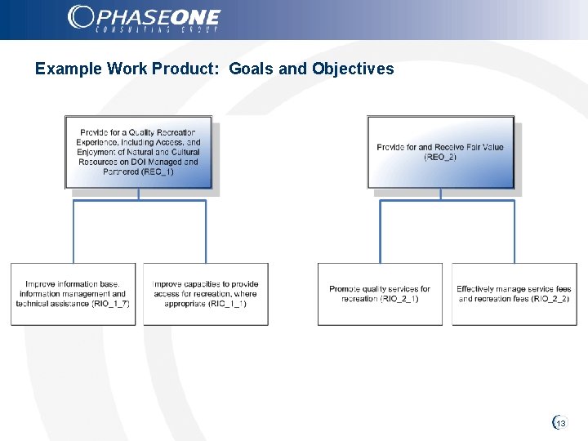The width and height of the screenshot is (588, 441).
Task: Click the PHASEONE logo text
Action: coord(157,16)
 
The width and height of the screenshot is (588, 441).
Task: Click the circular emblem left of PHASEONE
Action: coord(81,17)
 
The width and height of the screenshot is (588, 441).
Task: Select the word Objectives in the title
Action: coord(353,69)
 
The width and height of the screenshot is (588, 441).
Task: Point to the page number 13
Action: coord(561,423)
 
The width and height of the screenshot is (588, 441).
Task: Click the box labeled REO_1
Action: coord(138,152)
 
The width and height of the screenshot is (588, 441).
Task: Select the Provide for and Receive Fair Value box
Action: coord(440,152)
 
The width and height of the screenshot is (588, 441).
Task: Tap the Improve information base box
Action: coord(73,294)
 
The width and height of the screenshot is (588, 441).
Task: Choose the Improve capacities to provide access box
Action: coord(205,294)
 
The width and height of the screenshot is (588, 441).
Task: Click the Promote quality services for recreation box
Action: coord(380,294)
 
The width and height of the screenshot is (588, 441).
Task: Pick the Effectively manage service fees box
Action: coord(514,294)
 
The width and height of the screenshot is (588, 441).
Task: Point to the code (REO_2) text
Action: coord(440,157)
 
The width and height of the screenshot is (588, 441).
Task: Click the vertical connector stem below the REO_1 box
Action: coord(139,194)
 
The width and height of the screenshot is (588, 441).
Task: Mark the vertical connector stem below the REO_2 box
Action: coord(441,194)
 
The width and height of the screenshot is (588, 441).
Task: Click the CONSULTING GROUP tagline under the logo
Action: coord(157,30)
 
